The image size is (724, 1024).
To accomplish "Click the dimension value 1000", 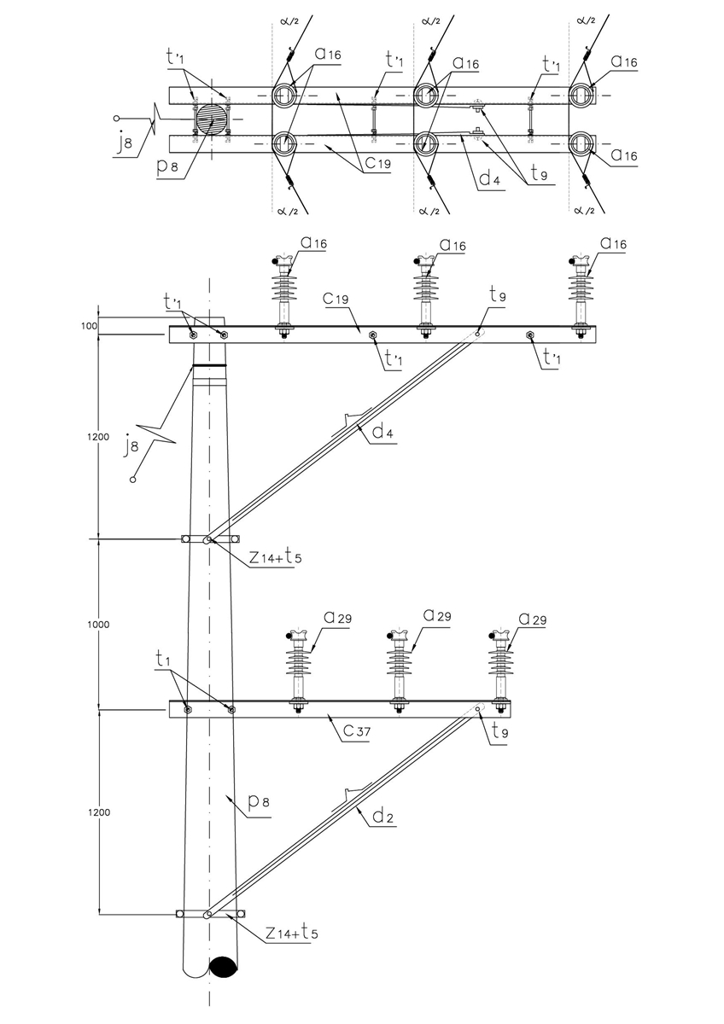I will coord(100,625).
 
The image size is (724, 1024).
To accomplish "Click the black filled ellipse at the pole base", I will coord(224,968).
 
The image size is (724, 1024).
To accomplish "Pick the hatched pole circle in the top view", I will coord(213,119).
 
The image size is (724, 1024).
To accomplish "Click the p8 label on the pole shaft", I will coord(259,802).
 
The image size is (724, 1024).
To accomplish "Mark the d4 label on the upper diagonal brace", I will coord(382,432).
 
